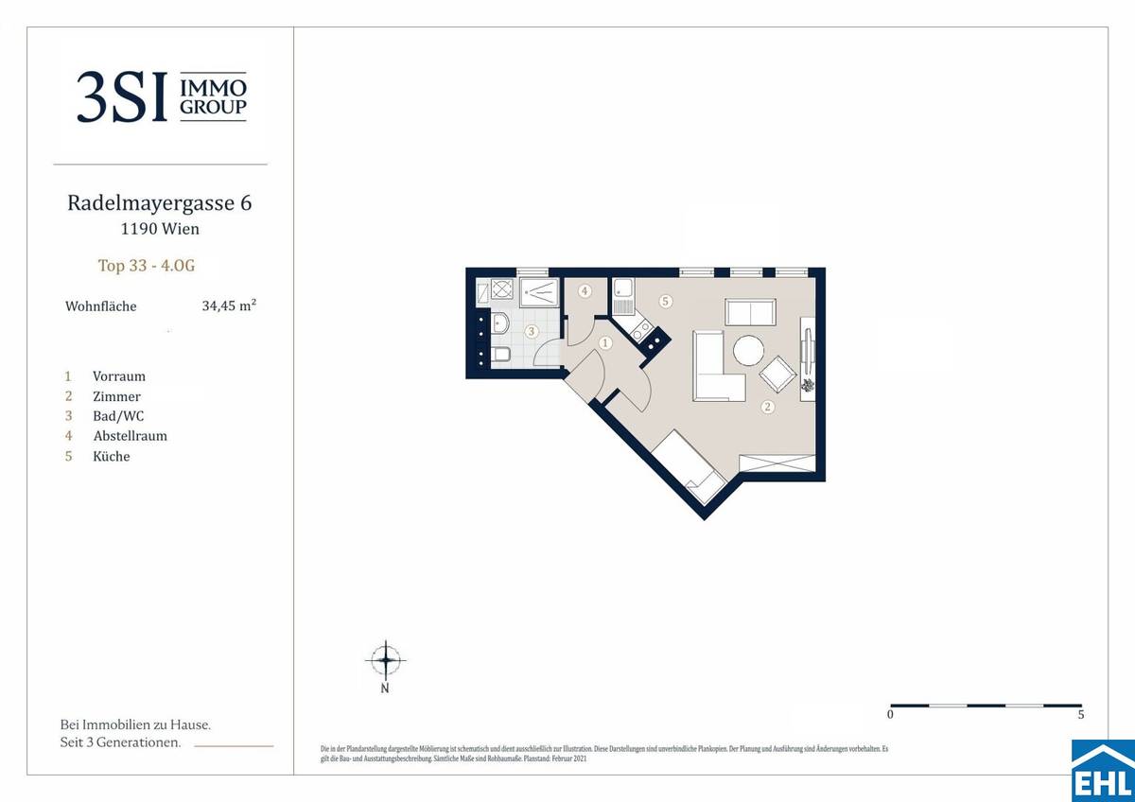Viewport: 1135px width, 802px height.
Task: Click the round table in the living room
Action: (747, 351)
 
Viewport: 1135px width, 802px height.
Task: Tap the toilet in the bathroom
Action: (502, 356)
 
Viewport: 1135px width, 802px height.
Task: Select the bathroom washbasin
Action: (501, 324)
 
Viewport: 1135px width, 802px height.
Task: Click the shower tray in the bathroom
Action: (540, 288)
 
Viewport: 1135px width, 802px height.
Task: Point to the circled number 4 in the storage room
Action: (585, 290)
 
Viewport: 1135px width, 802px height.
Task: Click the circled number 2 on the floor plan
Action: (768, 408)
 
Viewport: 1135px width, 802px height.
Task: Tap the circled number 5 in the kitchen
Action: (666, 302)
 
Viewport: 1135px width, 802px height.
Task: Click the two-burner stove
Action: (640, 331)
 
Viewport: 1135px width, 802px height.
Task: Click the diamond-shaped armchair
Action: (778, 375)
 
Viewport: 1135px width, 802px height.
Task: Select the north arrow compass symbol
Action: (385, 658)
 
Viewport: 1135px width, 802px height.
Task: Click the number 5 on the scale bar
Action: (1080, 716)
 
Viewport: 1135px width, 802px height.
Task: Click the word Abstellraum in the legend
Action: (130, 436)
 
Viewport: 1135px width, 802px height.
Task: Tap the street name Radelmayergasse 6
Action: (159, 202)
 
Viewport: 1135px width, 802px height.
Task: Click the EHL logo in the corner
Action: (1102, 770)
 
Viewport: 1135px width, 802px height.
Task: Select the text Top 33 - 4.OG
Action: (146, 266)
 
